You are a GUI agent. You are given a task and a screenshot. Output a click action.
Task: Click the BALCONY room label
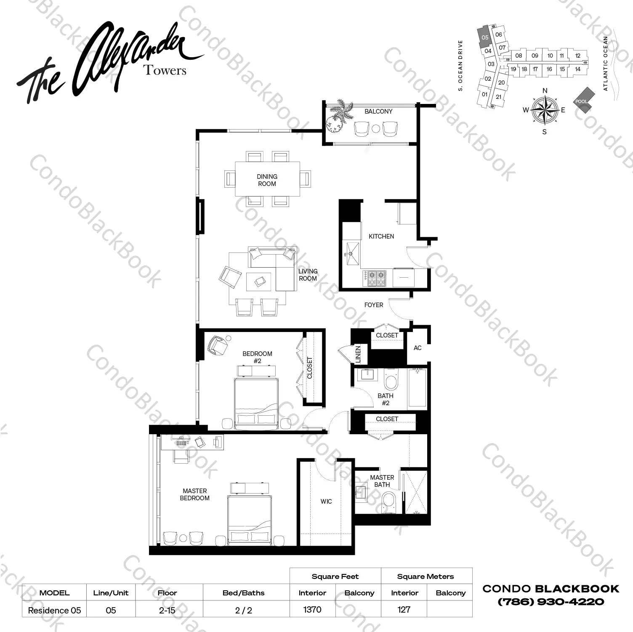(x=378, y=112)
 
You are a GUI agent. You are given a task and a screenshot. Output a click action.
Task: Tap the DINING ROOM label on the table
(x=267, y=180)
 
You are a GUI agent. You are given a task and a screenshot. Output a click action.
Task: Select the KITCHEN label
(x=381, y=236)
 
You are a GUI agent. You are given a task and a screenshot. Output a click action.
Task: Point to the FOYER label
(x=374, y=305)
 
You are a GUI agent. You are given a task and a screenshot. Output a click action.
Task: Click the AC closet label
(x=417, y=348)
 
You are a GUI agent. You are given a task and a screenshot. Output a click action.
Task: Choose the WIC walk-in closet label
(x=326, y=502)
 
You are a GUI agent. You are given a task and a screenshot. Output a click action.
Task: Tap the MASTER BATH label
(x=382, y=481)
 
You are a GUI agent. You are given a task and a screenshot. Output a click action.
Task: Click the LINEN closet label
(x=358, y=354)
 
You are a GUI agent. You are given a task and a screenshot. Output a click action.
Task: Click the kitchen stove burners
(x=377, y=278)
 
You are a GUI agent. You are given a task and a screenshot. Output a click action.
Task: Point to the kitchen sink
(x=351, y=253)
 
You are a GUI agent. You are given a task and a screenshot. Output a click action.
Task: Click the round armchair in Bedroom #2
(x=218, y=345)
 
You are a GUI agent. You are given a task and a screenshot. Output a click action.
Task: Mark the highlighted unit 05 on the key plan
(x=484, y=37)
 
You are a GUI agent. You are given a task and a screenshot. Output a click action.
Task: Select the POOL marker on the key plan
(x=582, y=101)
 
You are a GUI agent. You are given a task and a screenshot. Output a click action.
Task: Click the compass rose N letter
(x=545, y=90)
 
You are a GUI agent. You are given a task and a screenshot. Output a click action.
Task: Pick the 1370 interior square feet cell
(x=312, y=609)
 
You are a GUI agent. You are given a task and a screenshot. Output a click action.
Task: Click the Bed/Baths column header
(x=243, y=593)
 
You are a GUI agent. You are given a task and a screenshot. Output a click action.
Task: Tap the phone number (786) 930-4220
(x=551, y=602)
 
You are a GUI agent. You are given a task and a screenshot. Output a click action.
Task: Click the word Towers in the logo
(x=165, y=70)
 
